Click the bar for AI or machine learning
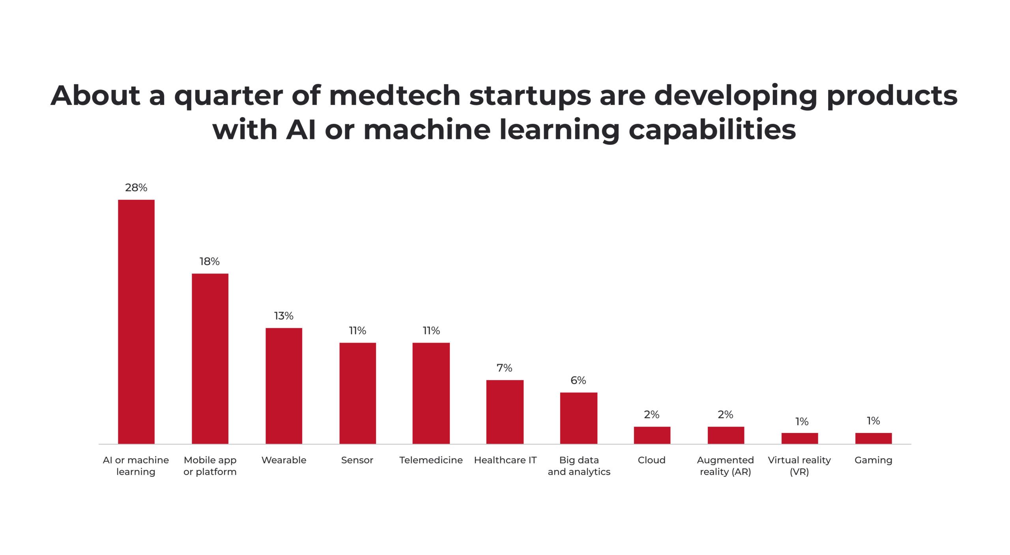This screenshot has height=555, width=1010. coord(136,322)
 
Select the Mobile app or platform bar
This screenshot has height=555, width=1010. coord(210,359)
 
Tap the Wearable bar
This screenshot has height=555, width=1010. coord(284,386)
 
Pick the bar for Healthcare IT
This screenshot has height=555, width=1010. coord(505,412)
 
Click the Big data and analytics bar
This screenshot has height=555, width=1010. coord(578,418)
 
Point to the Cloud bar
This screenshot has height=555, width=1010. coord(652,435)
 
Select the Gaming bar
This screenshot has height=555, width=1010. coord(873,439)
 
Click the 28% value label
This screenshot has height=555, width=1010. coord(136,188)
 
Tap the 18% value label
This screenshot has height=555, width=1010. coord(209,262)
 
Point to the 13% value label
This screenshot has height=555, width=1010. coord(284,316)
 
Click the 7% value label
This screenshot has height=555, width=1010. coord(504,368)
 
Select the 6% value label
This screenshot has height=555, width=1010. coord(578,381)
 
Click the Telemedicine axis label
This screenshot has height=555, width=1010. coord(431,460)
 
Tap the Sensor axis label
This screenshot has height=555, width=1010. coord(357,460)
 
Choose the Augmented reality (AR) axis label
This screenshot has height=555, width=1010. coord(725,466)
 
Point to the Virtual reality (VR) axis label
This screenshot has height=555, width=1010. coord(799,466)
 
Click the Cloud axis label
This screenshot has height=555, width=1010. coord(652,460)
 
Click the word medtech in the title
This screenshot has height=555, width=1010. coord(395,96)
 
